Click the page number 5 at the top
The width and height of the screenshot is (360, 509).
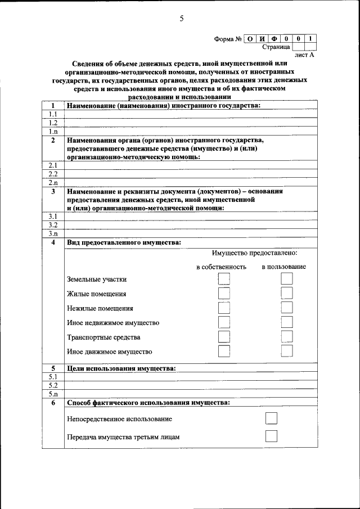(x=181, y=19)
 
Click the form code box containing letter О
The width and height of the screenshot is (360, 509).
(x=250, y=39)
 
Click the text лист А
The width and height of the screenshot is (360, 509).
(x=304, y=56)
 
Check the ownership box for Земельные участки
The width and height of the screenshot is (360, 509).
(x=224, y=279)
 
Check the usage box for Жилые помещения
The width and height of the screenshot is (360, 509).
(x=287, y=294)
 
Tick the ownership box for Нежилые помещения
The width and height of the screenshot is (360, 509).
(x=224, y=308)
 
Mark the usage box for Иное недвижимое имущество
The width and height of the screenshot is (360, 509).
(x=287, y=322)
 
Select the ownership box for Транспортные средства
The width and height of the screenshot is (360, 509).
(x=224, y=337)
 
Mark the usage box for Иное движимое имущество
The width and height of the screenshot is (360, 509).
(x=287, y=352)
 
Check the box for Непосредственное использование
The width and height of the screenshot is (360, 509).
(x=271, y=418)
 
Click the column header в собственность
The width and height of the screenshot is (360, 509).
(x=221, y=266)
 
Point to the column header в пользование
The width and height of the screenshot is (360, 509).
(x=283, y=266)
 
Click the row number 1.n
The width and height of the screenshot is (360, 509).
(x=53, y=131)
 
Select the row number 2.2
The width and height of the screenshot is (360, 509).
(x=53, y=174)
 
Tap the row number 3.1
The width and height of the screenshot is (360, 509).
(x=53, y=216)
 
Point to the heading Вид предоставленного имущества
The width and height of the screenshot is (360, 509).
(x=124, y=242)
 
